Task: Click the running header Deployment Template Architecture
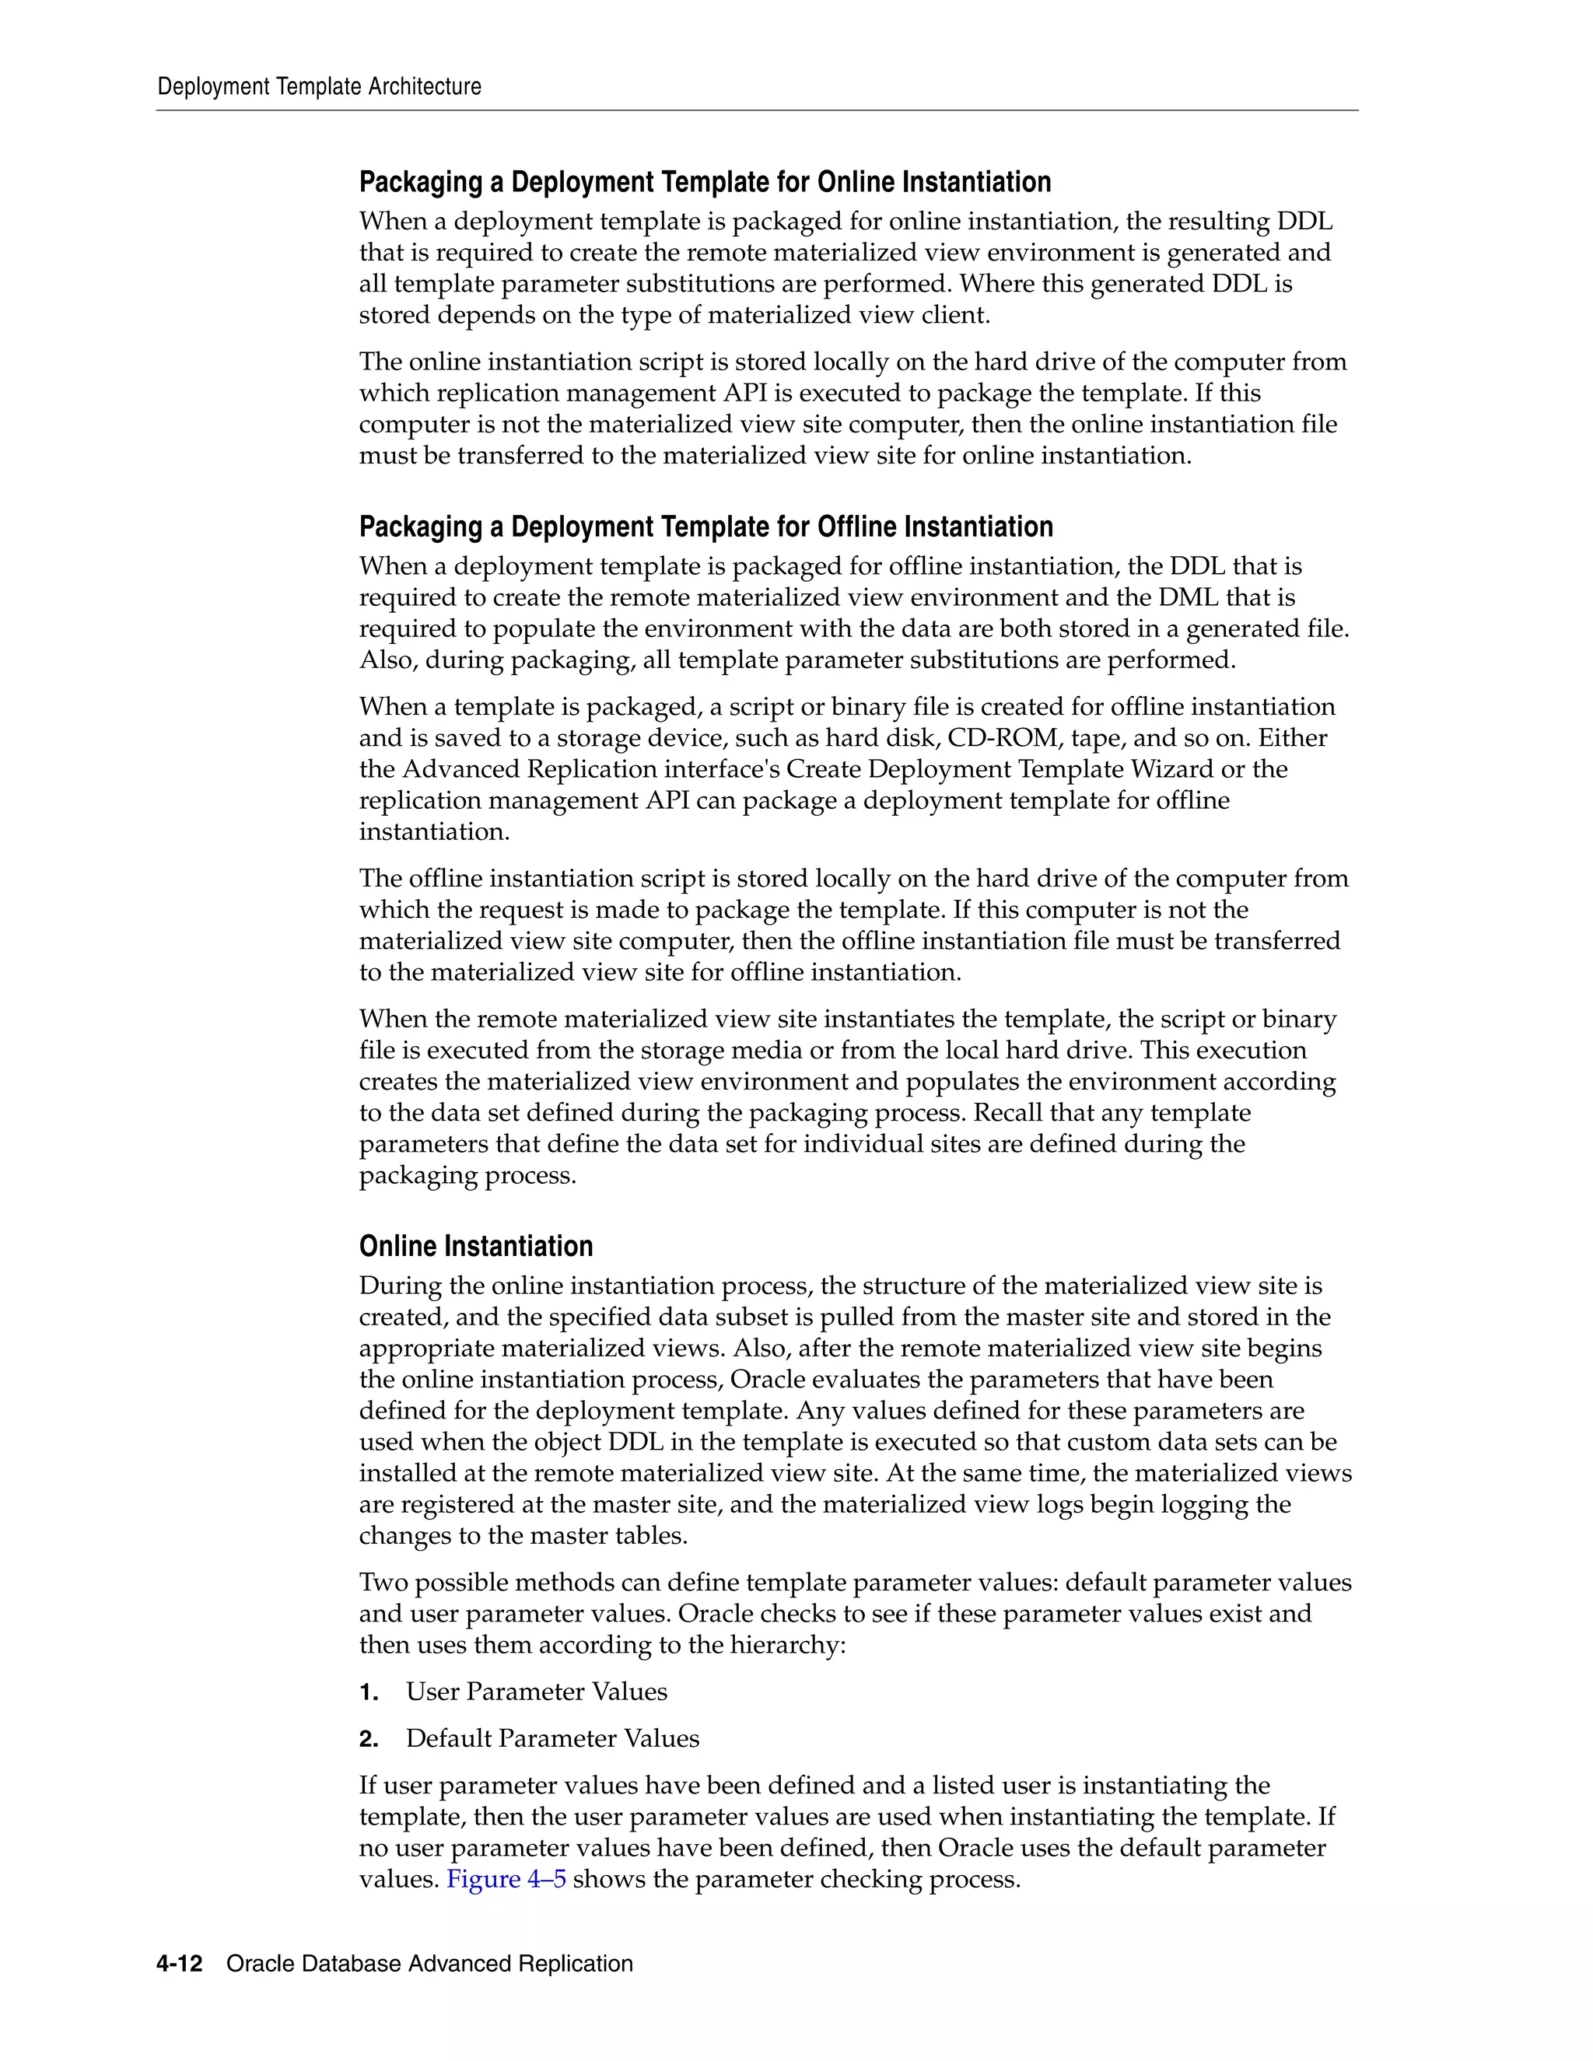[x=319, y=87]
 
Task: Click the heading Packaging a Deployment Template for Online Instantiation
[x=705, y=182]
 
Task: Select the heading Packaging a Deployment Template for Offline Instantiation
[x=706, y=527]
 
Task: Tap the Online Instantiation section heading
[x=475, y=1246]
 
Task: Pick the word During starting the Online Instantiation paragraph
[x=395, y=1286]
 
